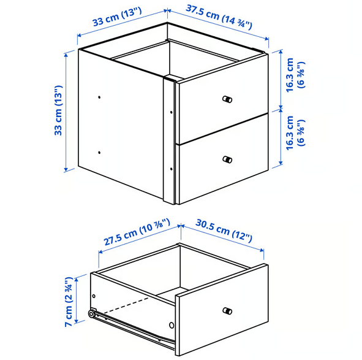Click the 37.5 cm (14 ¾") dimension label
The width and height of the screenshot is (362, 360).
[x=219, y=17]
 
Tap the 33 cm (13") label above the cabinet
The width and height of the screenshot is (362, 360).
[x=117, y=17]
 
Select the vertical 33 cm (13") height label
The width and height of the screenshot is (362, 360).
[x=58, y=110]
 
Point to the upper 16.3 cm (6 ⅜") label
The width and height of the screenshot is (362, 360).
[x=295, y=75]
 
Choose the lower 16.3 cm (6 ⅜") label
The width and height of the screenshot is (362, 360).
[x=295, y=133]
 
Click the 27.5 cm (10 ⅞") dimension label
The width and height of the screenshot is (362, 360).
[x=137, y=232]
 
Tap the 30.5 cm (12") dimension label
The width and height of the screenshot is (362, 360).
[x=224, y=230]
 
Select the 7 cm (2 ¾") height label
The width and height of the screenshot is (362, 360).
[x=69, y=302]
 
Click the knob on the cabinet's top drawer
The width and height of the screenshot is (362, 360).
[x=227, y=99]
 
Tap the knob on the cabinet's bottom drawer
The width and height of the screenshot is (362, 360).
[x=227, y=159]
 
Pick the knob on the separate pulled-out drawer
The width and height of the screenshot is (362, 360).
[x=227, y=311]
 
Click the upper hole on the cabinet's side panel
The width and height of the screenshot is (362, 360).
[x=99, y=97]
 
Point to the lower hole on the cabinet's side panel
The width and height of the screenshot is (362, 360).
[x=99, y=152]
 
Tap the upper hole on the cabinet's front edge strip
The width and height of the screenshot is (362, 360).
[x=171, y=112]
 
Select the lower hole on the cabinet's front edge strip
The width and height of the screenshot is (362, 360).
[x=171, y=169]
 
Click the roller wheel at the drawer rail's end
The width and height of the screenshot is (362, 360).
[x=92, y=314]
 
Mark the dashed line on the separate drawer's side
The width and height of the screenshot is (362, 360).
[x=126, y=305]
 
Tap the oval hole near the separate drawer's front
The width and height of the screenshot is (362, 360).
[x=172, y=325]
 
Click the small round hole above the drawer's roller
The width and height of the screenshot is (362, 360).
[x=94, y=296]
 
